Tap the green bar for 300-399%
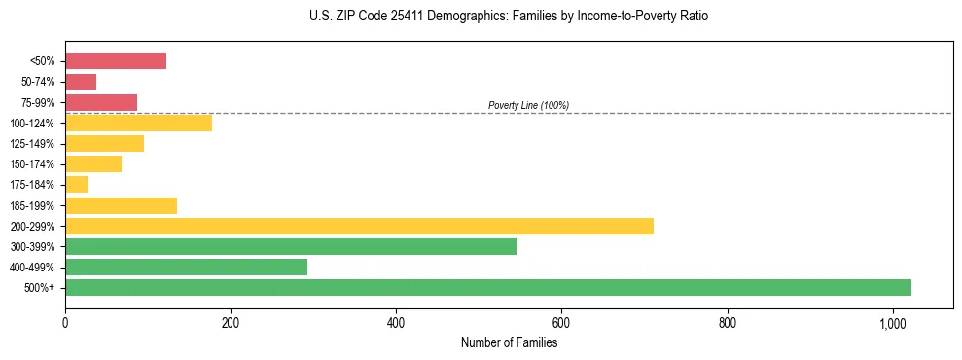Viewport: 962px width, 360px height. coord(291,247)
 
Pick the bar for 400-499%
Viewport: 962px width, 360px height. coord(186,268)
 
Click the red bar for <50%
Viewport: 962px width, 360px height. coord(116,61)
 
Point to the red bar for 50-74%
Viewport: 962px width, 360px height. coord(81,82)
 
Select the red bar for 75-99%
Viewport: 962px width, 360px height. coord(101,102)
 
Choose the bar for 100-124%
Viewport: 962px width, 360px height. coord(138,124)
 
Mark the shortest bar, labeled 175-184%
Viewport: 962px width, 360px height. coord(77,185)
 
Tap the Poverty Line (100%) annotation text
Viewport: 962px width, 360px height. coord(528,105)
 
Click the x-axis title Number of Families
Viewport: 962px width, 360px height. coord(509,342)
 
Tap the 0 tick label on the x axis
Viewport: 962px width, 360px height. coord(65,323)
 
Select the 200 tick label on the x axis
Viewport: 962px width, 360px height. coord(231,323)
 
